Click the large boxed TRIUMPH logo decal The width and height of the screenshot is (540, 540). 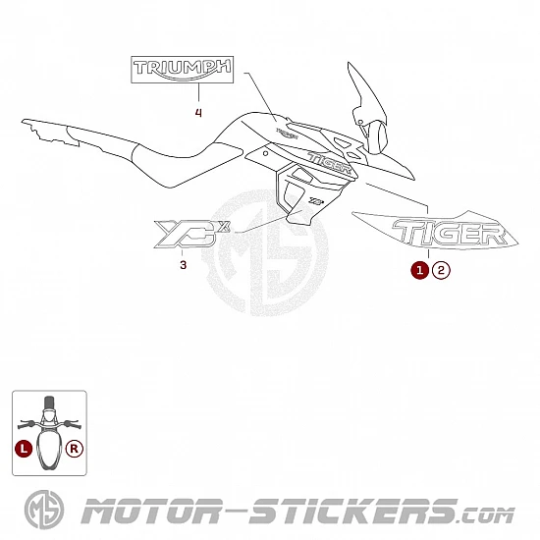183,70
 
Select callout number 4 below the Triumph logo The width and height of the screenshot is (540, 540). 198,113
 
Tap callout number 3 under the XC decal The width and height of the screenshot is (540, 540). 184,265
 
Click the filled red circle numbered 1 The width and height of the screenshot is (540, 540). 419,270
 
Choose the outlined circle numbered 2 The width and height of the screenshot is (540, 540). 441,270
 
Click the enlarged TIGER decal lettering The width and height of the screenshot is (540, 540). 450,233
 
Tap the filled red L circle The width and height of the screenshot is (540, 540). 24,449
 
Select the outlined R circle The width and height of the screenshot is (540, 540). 75,449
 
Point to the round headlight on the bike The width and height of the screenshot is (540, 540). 377,137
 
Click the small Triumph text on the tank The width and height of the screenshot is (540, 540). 287,134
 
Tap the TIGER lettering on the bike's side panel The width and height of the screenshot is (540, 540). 330,163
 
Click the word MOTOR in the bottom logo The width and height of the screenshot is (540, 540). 151,512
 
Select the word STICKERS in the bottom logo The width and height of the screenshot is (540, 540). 353,512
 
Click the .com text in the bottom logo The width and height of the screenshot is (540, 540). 487,515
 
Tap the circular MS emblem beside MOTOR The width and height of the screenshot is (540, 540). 44,510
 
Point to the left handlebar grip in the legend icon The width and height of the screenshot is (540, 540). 25,424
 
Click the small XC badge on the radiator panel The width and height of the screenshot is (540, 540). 315,200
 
